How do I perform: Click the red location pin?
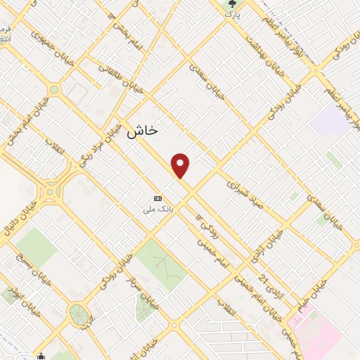[x=181, y=165]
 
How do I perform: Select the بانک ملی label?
[x=158, y=209]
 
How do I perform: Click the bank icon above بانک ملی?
[x=157, y=199]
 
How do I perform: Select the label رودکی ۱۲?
[x=205, y=224]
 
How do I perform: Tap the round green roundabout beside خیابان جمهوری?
[x=54, y=89]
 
